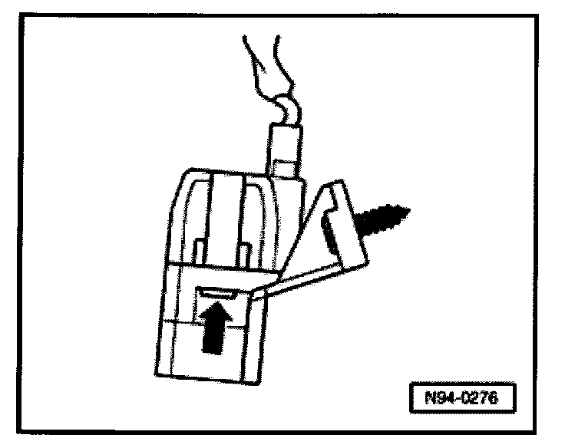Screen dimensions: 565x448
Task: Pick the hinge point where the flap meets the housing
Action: pyautogui.click(x=263, y=292)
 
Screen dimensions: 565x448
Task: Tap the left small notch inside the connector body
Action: pyautogui.click(x=199, y=249)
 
